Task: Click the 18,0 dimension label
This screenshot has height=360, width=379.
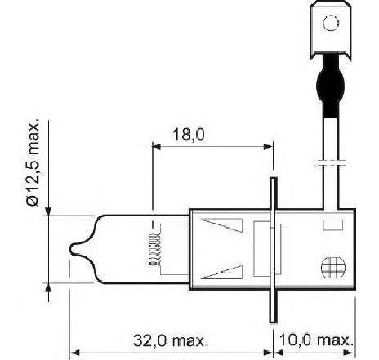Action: click(189, 135)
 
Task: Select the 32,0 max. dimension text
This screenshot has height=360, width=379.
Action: click(170, 340)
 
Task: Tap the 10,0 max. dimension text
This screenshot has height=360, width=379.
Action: click(316, 340)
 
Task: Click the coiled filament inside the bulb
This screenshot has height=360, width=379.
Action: click(154, 250)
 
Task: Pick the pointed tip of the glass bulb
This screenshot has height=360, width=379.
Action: click(71, 249)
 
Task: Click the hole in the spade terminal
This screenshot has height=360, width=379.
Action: click(331, 23)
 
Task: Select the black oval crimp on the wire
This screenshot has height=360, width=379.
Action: click(331, 85)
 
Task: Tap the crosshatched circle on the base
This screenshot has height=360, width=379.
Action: click(333, 268)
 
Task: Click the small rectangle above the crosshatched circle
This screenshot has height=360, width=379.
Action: click(332, 225)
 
